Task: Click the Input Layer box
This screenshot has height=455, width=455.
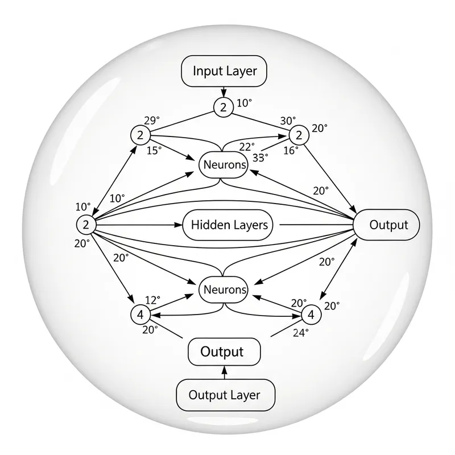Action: click(224, 71)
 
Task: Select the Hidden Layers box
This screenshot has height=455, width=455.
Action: click(229, 225)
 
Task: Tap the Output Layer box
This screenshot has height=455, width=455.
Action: click(224, 395)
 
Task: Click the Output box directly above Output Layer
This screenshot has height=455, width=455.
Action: click(224, 352)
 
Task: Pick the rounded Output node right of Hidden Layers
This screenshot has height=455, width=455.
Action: click(388, 225)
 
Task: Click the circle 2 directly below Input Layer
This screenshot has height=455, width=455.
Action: click(223, 106)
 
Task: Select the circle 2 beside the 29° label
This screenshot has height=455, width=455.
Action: click(139, 135)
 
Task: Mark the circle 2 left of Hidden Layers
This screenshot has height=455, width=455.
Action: click(85, 225)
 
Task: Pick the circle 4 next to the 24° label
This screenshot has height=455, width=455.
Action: click(310, 313)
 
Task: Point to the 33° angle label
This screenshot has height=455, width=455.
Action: click(259, 159)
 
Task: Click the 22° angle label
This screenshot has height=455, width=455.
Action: click(247, 147)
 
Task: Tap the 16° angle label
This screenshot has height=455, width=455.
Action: click(291, 150)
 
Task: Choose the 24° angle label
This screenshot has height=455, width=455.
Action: click(300, 333)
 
